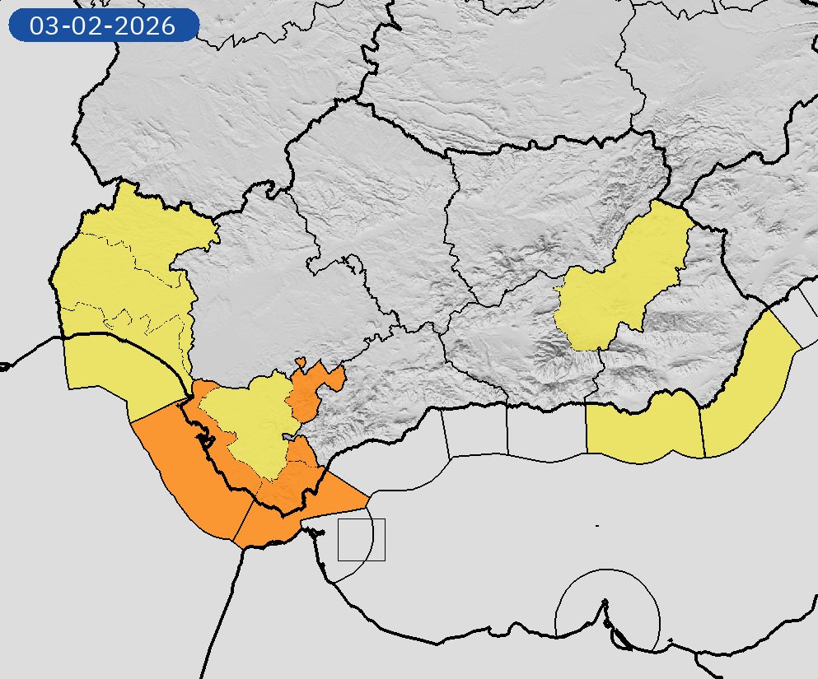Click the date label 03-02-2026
[103, 26]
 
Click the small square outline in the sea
[362, 540]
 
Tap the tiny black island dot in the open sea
[596, 525]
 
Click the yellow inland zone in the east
[626, 280]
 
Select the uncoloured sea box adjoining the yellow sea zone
[545, 430]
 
